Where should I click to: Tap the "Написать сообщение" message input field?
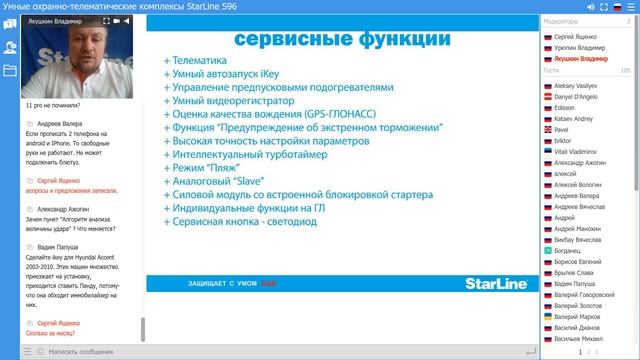coord(90,352)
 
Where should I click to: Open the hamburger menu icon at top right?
coord(629,8)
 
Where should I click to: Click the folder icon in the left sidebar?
coord(10,71)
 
